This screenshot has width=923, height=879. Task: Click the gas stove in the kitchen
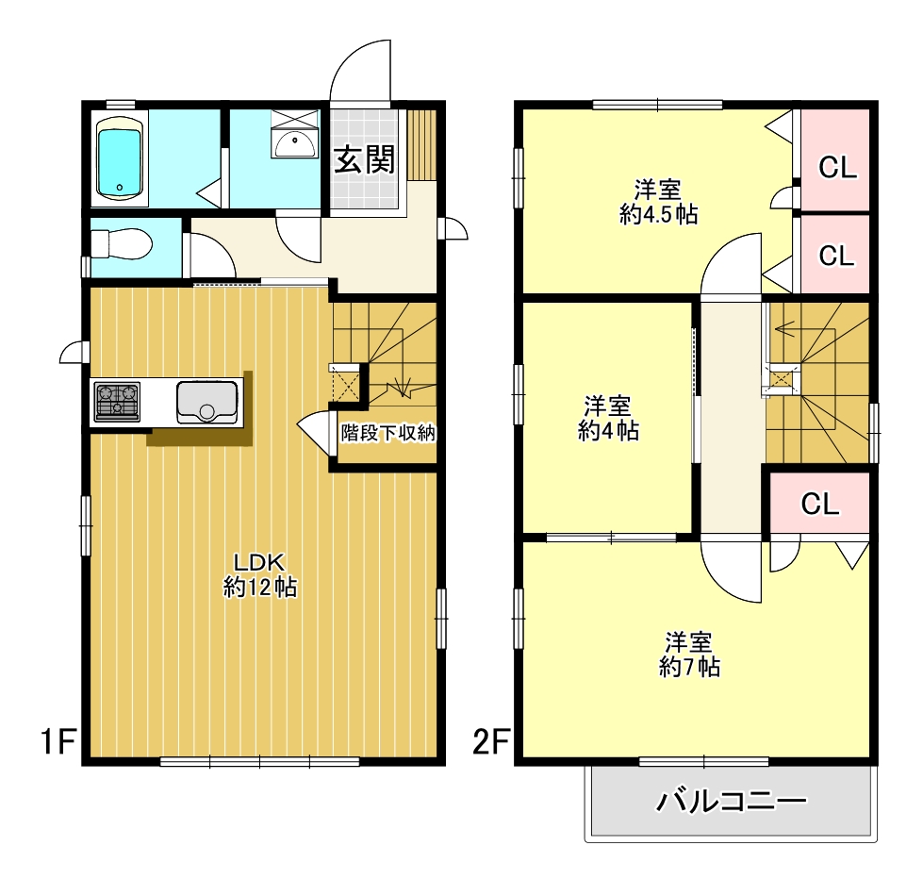pos(116,403)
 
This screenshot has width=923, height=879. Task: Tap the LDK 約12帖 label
pos(260,572)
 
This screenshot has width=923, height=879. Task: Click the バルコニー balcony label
pos(732,804)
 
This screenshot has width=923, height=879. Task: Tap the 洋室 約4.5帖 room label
pos(658,200)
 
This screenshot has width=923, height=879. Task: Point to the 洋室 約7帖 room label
pos(689,654)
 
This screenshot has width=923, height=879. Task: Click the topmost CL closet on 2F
pos(836,169)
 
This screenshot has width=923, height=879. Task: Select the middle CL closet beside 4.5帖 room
pos(836,255)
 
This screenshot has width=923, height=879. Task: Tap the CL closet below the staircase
pos(820,504)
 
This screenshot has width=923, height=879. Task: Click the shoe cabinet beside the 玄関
pos(423,144)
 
